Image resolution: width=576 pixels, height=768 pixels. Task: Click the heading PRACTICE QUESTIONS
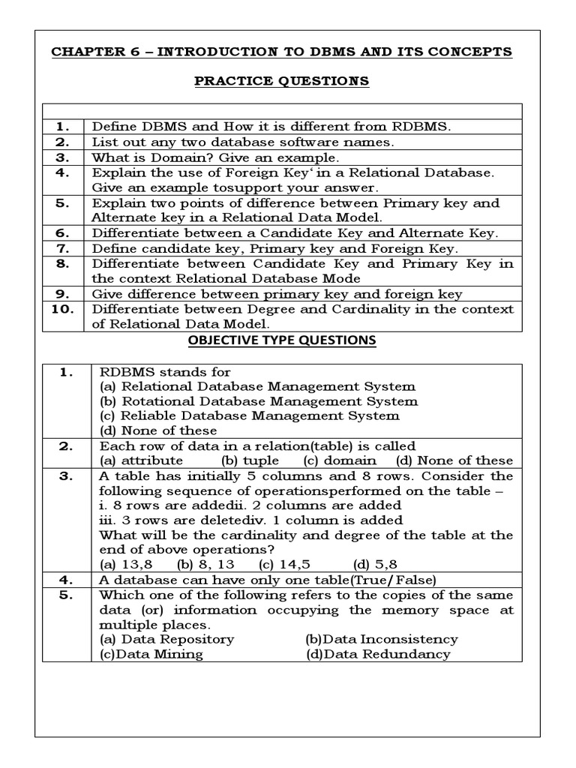point(281,81)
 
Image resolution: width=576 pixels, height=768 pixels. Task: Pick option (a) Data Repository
point(166,639)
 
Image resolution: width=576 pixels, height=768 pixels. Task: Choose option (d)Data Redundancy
point(378,654)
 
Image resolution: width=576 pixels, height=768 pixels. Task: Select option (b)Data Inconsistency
point(381,639)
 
